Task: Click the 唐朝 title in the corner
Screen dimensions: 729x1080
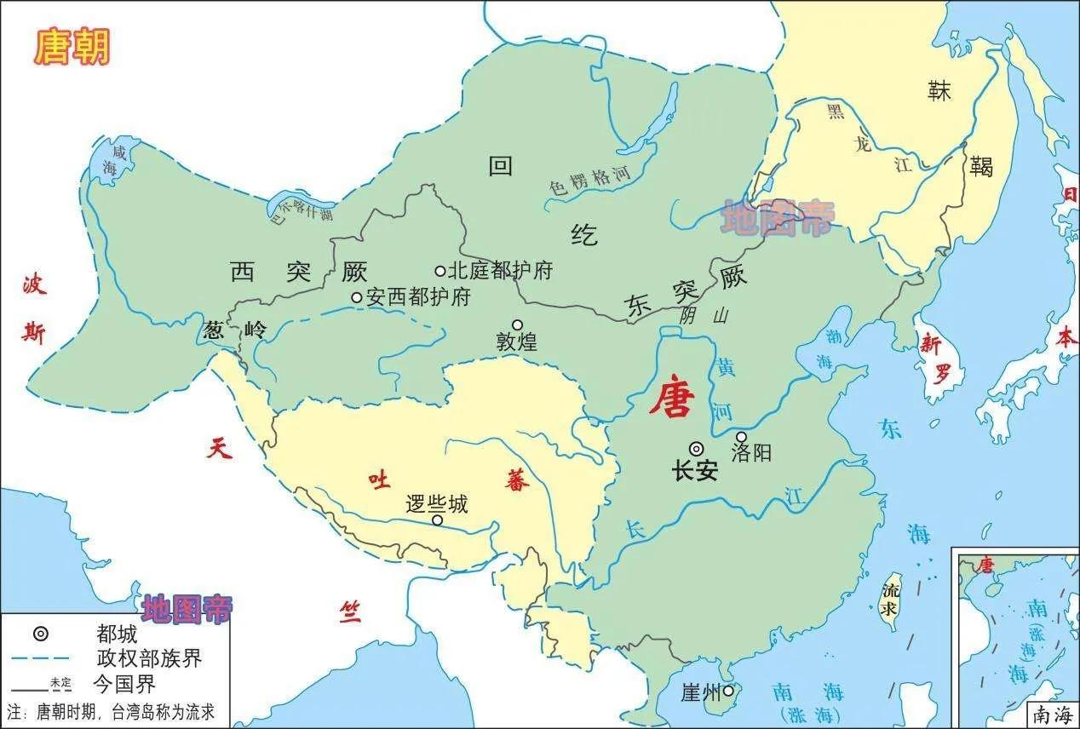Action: [72, 47]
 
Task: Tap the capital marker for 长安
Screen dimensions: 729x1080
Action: [696, 449]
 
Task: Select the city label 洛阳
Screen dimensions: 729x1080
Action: [751, 452]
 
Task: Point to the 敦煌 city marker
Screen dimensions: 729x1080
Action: [517, 324]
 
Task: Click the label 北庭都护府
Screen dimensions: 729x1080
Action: [500, 271]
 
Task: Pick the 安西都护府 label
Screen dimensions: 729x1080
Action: [418, 297]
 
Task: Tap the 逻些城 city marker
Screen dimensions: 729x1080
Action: [438, 520]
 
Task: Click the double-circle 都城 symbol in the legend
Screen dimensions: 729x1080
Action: [40, 634]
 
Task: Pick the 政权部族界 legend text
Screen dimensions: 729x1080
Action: [149, 658]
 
